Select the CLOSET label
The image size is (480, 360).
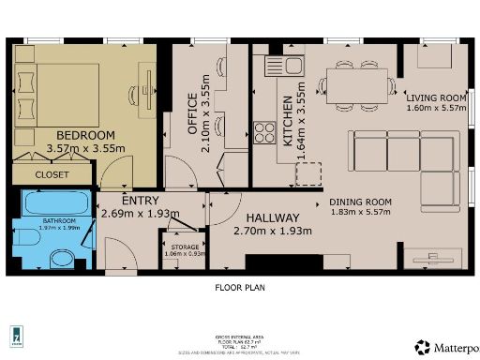[x=52, y=174]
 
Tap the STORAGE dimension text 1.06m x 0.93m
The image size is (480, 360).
[x=184, y=253]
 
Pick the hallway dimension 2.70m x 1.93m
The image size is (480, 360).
[x=272, y=231]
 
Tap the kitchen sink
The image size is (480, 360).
[x=283, y=66]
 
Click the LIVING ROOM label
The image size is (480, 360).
[x=436, y=97]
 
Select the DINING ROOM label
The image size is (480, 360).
[x=361, y=201]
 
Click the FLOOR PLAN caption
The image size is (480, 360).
[x=240, y=288]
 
